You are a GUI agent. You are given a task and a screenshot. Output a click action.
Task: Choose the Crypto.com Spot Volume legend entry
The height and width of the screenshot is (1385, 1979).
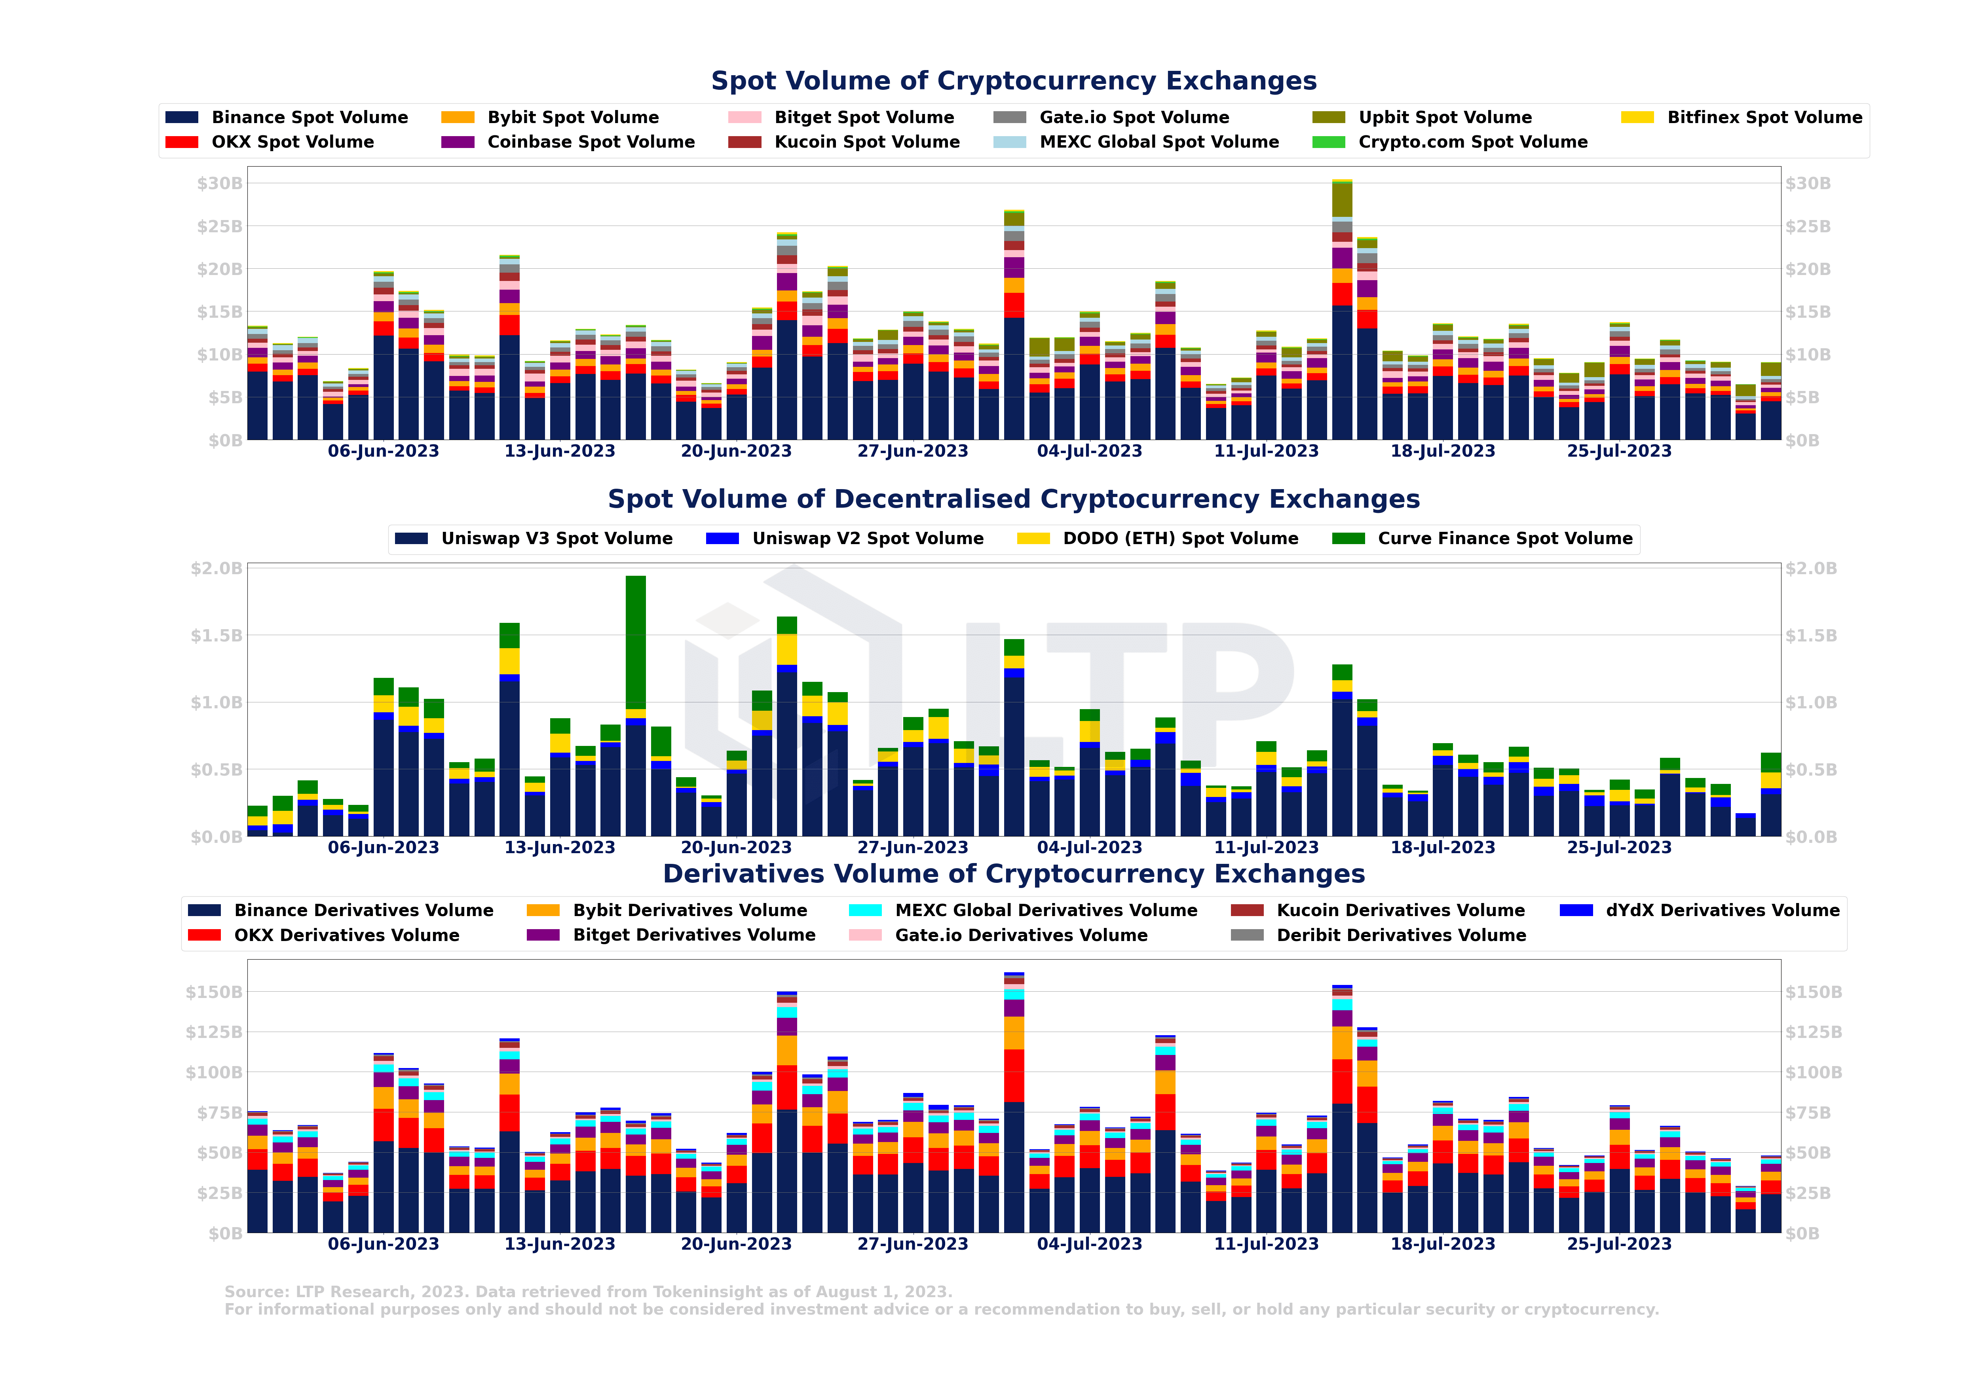(1472, 142)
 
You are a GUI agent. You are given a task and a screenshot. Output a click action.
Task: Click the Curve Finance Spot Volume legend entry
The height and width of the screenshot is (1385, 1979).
(1504, 539)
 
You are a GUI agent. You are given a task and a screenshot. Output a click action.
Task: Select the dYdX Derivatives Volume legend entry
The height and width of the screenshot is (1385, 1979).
(1721, 910)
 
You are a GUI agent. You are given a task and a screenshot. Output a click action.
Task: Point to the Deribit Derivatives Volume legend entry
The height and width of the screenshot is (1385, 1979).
(1401, 935)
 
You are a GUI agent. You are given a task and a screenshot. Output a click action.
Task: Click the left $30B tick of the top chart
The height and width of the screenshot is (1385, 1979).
(219, 184)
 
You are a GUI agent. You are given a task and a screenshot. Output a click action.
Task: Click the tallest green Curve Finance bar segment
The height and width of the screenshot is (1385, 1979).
(635, 642)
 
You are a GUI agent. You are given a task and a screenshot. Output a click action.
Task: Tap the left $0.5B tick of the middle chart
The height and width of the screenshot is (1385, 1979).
(217, 770)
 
